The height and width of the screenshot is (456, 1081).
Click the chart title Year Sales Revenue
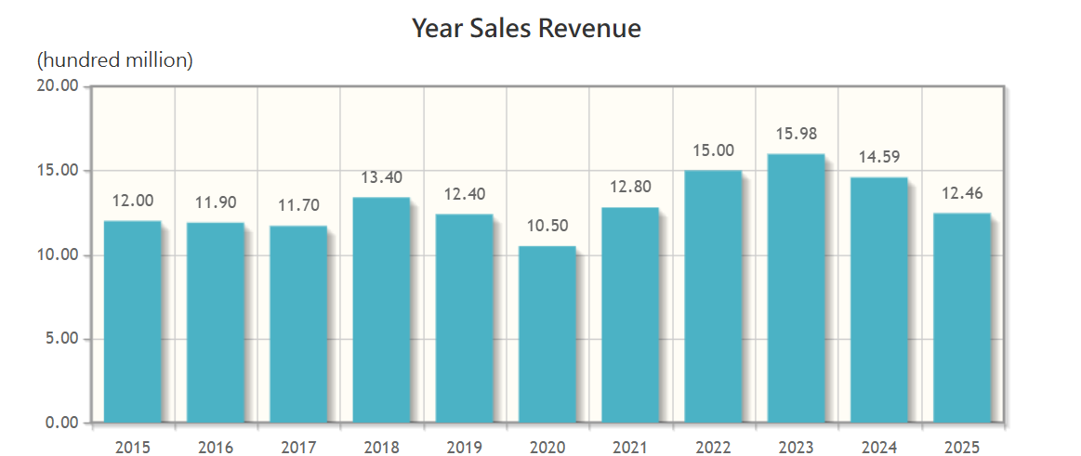(x=526, y=29)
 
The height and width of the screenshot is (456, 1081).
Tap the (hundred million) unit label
(x=114, y=61)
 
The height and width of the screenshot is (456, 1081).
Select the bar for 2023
(x=796, y=288)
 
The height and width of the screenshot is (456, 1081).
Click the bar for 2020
(x=547, y=334)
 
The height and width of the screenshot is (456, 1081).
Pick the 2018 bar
(x=381, y=310)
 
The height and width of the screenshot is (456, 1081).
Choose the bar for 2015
(x=132, y=321)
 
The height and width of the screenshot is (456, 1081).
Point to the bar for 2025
(x=961, y=318)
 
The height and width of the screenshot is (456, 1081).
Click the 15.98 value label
(x=797, y=134)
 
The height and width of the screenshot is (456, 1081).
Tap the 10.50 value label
(x=547, y=226)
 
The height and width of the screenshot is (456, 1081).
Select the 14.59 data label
(x=879, y=157)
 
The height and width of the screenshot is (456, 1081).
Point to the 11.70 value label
(x=298, y=205)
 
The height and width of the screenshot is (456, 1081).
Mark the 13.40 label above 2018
(x=381, y=177)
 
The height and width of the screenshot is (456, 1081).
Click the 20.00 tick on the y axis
(x=58, y=86)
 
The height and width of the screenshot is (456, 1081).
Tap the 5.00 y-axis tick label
(x=61, y=339)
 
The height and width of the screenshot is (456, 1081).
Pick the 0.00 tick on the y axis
(x=61, y=423)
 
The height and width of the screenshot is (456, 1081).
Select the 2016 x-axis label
(x=216, y=448)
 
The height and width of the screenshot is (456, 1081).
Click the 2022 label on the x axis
(x=713, y=448)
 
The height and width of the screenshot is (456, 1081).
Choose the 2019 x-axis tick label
(x=464, y=448)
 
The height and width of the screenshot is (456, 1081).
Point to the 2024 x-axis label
(x=879, y=448)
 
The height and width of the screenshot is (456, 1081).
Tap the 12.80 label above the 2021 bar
(x=630, y=187)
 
